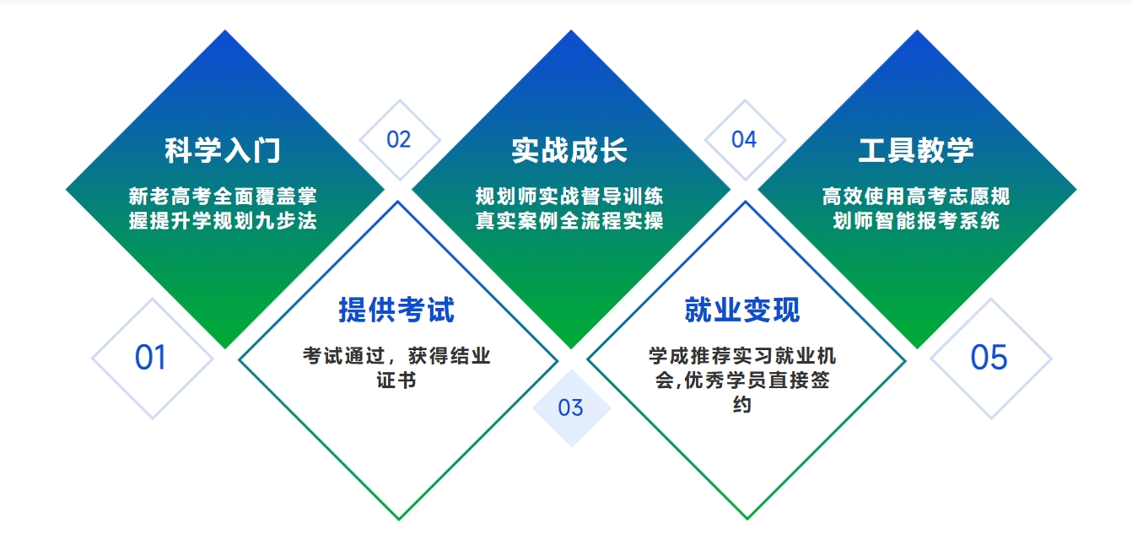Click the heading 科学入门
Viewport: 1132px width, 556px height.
[x=223, y=151]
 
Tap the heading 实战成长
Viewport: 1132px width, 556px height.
[x=569, y=151]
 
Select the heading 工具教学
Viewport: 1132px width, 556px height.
[x=916, y=151]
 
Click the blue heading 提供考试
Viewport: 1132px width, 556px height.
[x=396, y=310]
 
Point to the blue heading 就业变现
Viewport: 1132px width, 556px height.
[x=742, y=310]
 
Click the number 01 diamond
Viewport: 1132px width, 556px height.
[x=151, y=358]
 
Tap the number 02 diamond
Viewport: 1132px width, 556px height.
[x=398, y=140]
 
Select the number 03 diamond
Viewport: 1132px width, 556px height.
[x=571, y=408]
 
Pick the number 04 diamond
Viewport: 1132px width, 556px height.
[x=744, y=140]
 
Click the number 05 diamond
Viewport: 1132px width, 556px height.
[x=989, y=358]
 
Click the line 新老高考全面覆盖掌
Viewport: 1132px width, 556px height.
[x=223, y=197]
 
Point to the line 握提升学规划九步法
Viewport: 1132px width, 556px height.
[x=223, y=221]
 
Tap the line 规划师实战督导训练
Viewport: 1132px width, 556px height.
[x=569, y=197]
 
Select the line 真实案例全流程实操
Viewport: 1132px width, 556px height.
[x=569, y=221]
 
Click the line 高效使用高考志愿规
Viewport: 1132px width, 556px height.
[x=916, y=197]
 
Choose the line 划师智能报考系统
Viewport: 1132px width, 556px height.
[x=916, y=221]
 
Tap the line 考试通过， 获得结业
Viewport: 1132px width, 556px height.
[x=396, y=355]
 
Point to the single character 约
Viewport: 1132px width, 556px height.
[x=742, y=404]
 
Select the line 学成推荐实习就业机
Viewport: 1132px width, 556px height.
[x=742, y=355]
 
